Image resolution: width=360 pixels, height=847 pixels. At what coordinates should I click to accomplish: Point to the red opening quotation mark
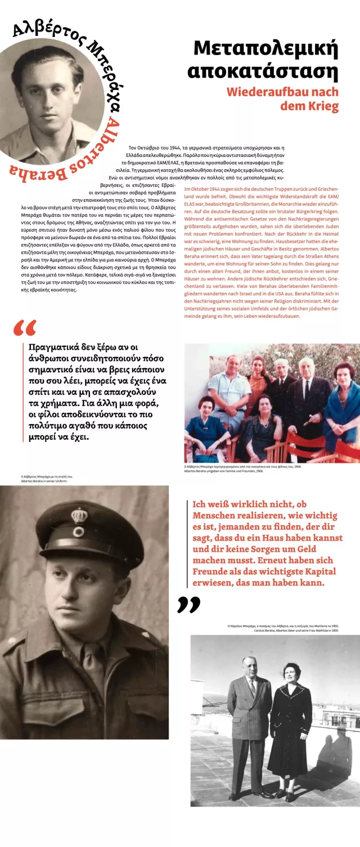coord(25,328)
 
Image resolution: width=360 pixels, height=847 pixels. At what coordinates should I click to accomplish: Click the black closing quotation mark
coord(188,605)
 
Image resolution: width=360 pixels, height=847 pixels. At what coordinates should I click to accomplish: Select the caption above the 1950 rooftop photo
coord(283,628)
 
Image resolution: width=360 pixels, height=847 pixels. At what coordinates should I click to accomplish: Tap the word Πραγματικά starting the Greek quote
coord(54,347)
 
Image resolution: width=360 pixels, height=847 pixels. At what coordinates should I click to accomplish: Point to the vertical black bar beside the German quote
coord(187,543)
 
